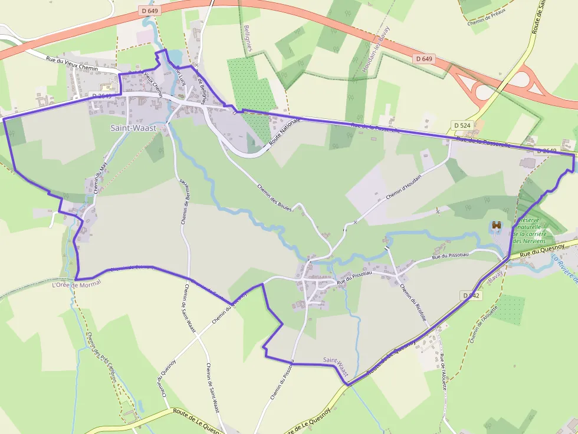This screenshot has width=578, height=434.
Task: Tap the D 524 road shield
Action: [x=462, y=125]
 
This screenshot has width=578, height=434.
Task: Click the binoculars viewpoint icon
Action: [x=497, y=225]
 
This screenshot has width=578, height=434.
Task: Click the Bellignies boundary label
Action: [x=247, y=38]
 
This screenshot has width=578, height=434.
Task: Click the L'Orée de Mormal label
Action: [x=77, y=284]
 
